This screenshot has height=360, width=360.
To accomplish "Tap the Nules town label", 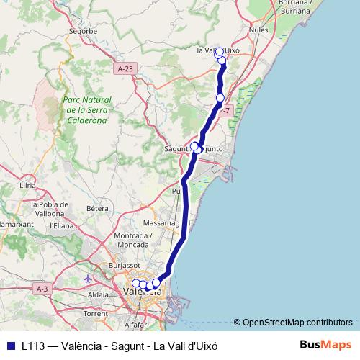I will point(258,31).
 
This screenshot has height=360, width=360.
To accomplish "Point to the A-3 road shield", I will point(42,288).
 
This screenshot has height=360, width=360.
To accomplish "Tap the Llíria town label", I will point(28,185).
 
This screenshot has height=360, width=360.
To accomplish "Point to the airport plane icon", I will point(88,278).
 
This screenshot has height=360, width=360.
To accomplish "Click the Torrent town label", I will point(95,314).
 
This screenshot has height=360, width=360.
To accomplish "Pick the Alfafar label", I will point(145,325).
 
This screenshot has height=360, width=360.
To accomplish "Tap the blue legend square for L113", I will point(10,345).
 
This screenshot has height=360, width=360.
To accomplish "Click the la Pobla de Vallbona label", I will point(50,209).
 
